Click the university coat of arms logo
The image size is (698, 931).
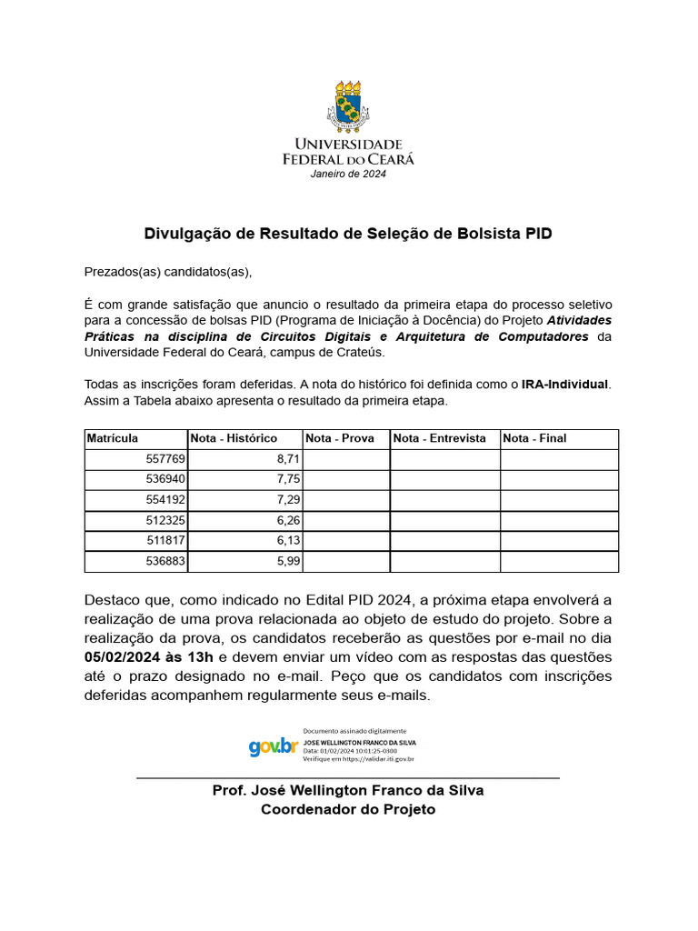click(348, 105)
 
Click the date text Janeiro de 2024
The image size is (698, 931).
click(348, 174)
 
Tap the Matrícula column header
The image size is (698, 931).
click(113, 438)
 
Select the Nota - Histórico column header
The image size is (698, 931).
click(234, 438)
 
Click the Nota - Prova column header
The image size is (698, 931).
click(340, 438)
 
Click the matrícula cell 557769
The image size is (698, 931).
click(165, 460)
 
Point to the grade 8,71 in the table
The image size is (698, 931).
click(286, 460)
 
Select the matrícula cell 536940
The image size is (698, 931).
click(165, 480)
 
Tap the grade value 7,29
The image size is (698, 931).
click(286, 500)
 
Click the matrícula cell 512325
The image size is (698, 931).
click(165, 521)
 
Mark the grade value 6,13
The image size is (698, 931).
click(286, 541)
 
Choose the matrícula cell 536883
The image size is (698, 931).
click(165, 562)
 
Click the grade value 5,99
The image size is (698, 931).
click(286, 562)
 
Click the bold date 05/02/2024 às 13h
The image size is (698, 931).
click(150, 656)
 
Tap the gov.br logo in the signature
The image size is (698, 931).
click(274, 746)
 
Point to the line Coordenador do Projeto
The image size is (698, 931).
click(348, 809)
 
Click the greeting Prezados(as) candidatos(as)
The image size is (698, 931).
click(167, 271)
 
